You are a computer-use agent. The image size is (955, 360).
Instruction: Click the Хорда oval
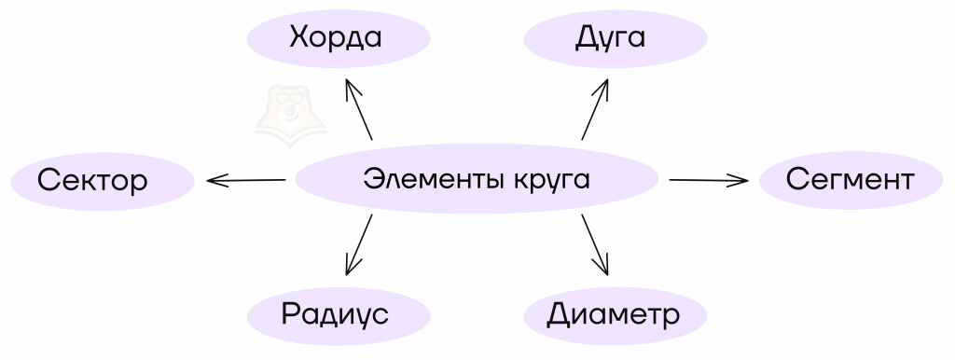tap(339, 38)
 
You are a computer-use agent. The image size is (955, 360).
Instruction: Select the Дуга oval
tap(616, 38)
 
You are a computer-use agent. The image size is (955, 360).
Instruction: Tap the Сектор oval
tap(103, 181)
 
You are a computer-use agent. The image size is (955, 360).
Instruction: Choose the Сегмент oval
tap(851, 180)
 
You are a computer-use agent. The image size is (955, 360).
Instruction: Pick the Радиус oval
tap(339, 315)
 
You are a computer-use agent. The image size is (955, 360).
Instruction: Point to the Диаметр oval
tap(616, 315)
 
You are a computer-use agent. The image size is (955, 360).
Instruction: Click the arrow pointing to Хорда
tap(359, 109)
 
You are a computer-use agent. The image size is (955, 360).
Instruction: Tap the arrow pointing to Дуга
tap(595, 109)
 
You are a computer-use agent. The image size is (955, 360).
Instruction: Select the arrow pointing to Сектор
tap(246, 180)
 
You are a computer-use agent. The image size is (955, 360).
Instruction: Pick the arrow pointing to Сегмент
tap(709, 180)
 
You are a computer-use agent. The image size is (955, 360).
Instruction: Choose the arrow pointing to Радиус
tap(359, 245)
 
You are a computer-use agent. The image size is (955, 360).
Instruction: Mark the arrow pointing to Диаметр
tap(595, 245)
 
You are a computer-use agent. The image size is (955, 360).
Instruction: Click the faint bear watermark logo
tap(290, 116)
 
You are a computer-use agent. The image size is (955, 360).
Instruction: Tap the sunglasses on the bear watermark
tap(289, 98)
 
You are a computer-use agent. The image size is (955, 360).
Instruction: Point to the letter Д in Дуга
tap(586, 38)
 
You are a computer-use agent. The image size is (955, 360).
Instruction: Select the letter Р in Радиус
tap(290, 313)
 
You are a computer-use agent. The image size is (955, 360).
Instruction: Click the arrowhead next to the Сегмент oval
tap(740, 180)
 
